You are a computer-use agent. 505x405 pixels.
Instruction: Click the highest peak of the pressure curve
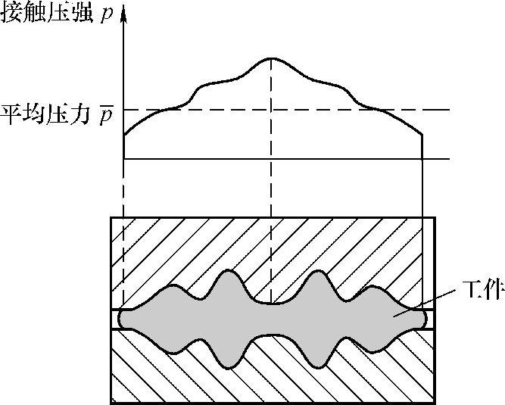(x=271, y=58)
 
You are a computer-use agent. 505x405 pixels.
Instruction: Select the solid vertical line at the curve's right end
(x=421, y=227)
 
